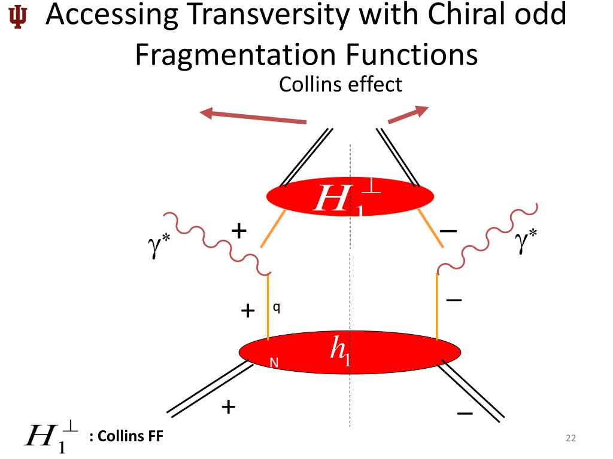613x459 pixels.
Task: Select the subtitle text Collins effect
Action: (x=341, y=84)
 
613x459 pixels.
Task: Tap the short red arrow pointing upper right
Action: (x=408, y=115)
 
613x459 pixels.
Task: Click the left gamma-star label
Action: (x=157, y=246)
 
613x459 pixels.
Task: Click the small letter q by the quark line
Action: (x=276, y=307)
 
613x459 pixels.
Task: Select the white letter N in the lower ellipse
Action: (x=274, y=362)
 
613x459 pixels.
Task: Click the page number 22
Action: (x=570, y=439)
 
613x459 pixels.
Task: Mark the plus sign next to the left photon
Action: (x=239, y=229)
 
